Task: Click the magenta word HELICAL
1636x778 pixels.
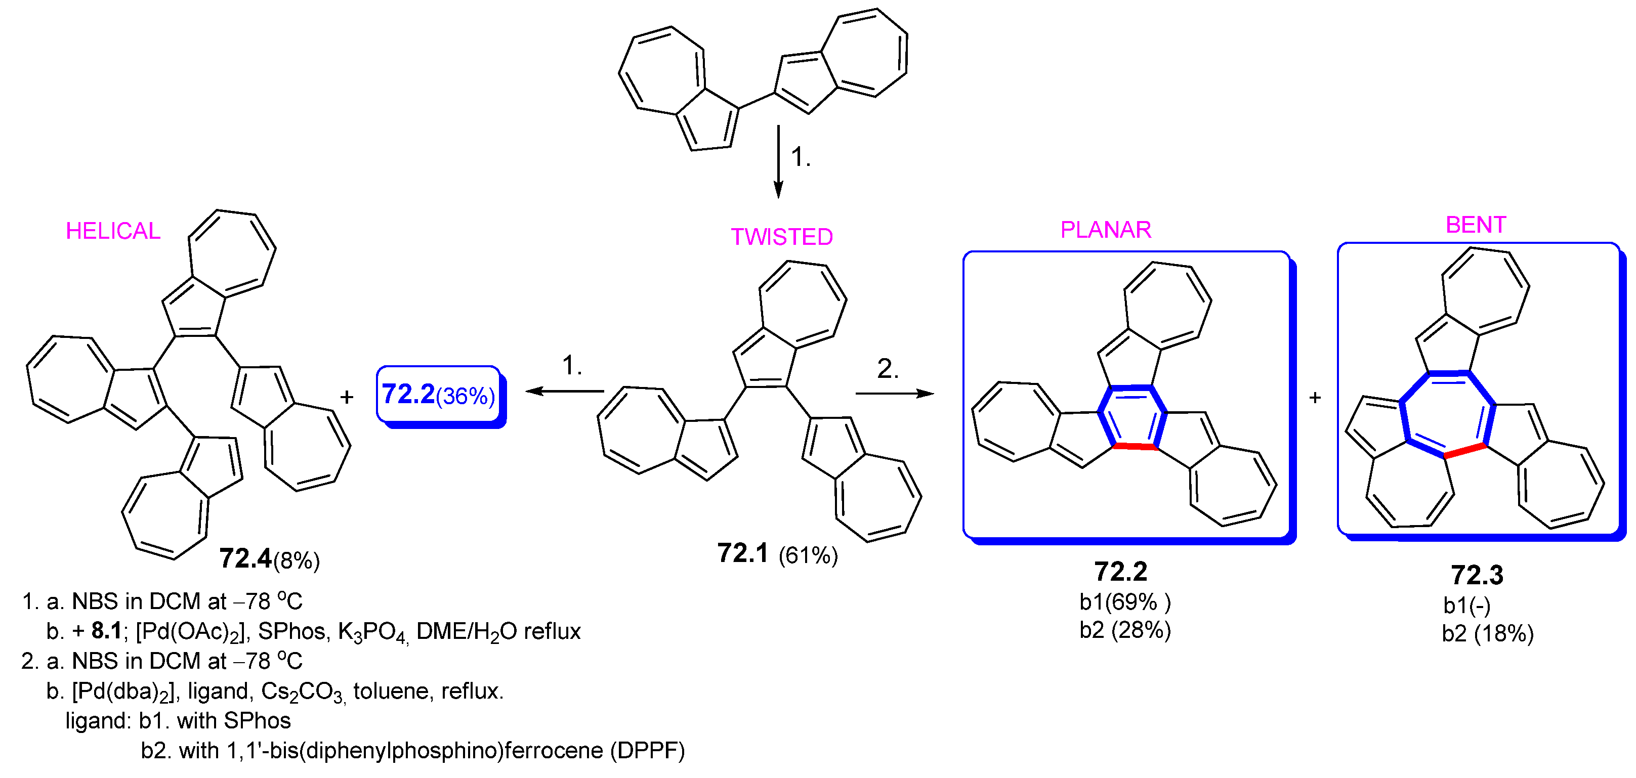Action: click(x=113, y=231)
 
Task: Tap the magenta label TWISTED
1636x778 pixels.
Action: click(x=782, y=237)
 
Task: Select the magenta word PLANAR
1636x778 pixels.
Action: click(x=1106, y=230)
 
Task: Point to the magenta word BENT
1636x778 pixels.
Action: click(x=1475, y=225)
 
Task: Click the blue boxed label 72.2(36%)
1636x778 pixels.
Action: click(x=438, y=395)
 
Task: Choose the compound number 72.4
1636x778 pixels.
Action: click(x=245, y=559)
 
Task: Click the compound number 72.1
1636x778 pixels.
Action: click(x=742, y=554)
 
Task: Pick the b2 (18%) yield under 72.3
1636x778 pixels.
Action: click(x=1487, y=634)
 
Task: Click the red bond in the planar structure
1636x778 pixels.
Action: click(x=1135, y=447)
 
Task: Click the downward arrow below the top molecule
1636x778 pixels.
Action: click(x=778, y=162)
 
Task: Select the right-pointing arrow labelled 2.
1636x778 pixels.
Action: click(x=894, y=394)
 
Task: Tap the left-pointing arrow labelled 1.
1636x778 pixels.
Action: click(x=565, y=391)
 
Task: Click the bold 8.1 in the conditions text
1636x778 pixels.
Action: click(x=106, y=631)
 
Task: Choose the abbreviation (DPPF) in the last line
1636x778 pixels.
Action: click(x=647, y=751)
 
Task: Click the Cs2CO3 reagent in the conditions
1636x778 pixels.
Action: click(x=303, y=691)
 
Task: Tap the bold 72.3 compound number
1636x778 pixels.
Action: click(x=1477, y=575)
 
